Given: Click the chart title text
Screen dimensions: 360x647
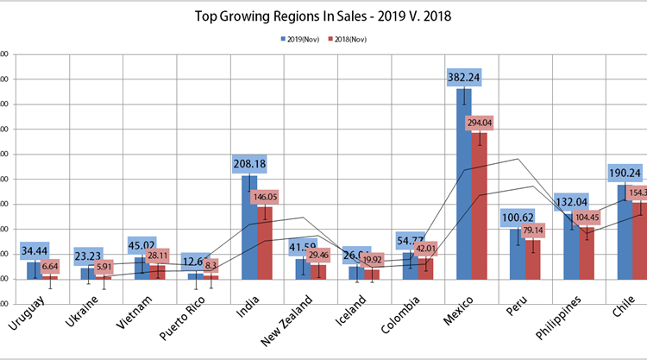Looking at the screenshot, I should (323, 16).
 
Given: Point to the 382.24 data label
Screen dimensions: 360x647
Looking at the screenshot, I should (463, 78).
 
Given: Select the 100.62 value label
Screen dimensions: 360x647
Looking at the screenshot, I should (517, 216).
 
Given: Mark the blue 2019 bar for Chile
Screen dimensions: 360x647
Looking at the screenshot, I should (625, 233).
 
